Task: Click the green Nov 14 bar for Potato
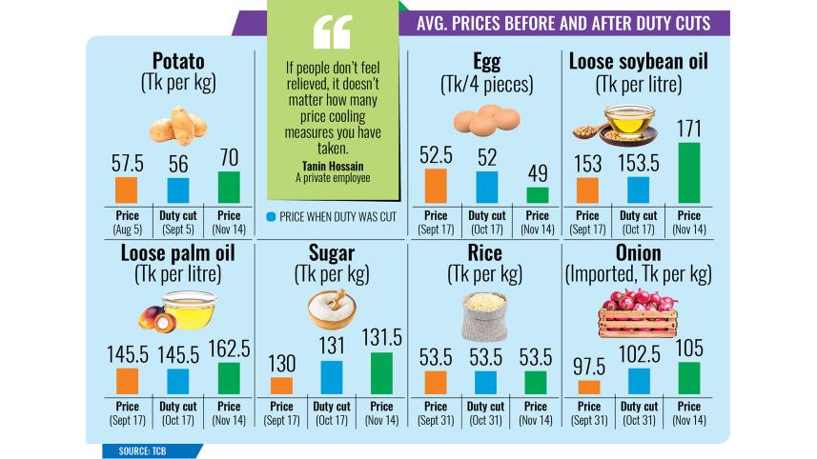tap(229, 187)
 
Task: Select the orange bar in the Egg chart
tap(436, 186)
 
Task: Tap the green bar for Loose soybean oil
tap(689, 172)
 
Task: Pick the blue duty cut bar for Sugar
tap(332, 377)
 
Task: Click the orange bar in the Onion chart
tap(589, 387)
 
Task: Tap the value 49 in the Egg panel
tap(538, 174)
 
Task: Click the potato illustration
tap(177, 125)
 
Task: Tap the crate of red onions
tap(639, 313)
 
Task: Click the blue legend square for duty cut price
tap(272, 216)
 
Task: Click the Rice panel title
tap(485, 253)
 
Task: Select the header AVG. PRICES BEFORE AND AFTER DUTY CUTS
tap(563, 24)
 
